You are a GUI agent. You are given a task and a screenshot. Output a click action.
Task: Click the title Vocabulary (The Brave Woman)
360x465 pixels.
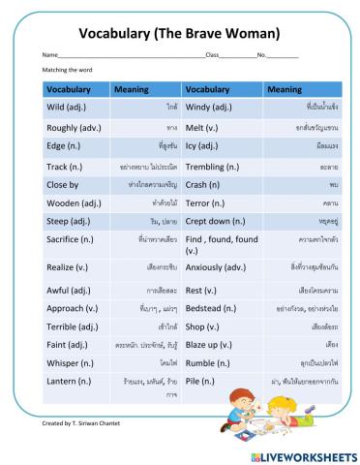click(179, 33)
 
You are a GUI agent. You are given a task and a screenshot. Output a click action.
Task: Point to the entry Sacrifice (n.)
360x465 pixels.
click(71, 238)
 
